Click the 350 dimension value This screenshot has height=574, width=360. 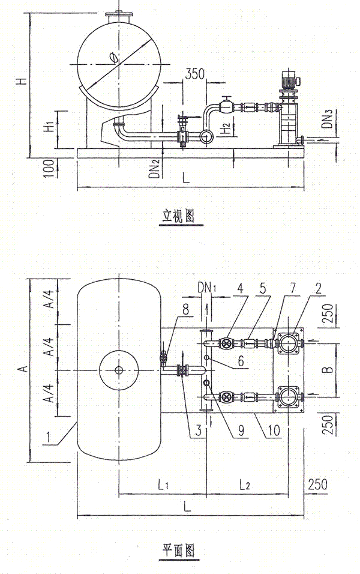195,74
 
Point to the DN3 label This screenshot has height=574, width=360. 326,124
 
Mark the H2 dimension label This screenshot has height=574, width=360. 223,127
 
